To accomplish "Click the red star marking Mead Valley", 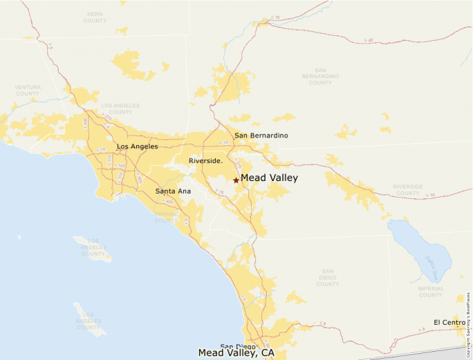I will (x=236, y=180).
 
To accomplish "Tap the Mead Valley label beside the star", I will (x=269, y=178).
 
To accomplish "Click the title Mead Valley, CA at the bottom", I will (x=236, y=353).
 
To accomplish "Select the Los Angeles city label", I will (x=137, y=146).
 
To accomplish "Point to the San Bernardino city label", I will (x=261, y=135).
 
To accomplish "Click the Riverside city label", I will (x=205, y=161).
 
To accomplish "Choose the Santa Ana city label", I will (x=173, y=191).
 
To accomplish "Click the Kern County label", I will (x=95, y=17).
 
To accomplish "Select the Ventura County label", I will (x=28, y=90).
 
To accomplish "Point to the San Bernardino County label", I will (x=320, y=77).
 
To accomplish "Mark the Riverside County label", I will (x=407, y=189).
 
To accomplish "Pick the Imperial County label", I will (x=430, y=292).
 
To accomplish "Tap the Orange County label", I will (x=166, y=217).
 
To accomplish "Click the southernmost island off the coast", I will (x=89, y=317).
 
